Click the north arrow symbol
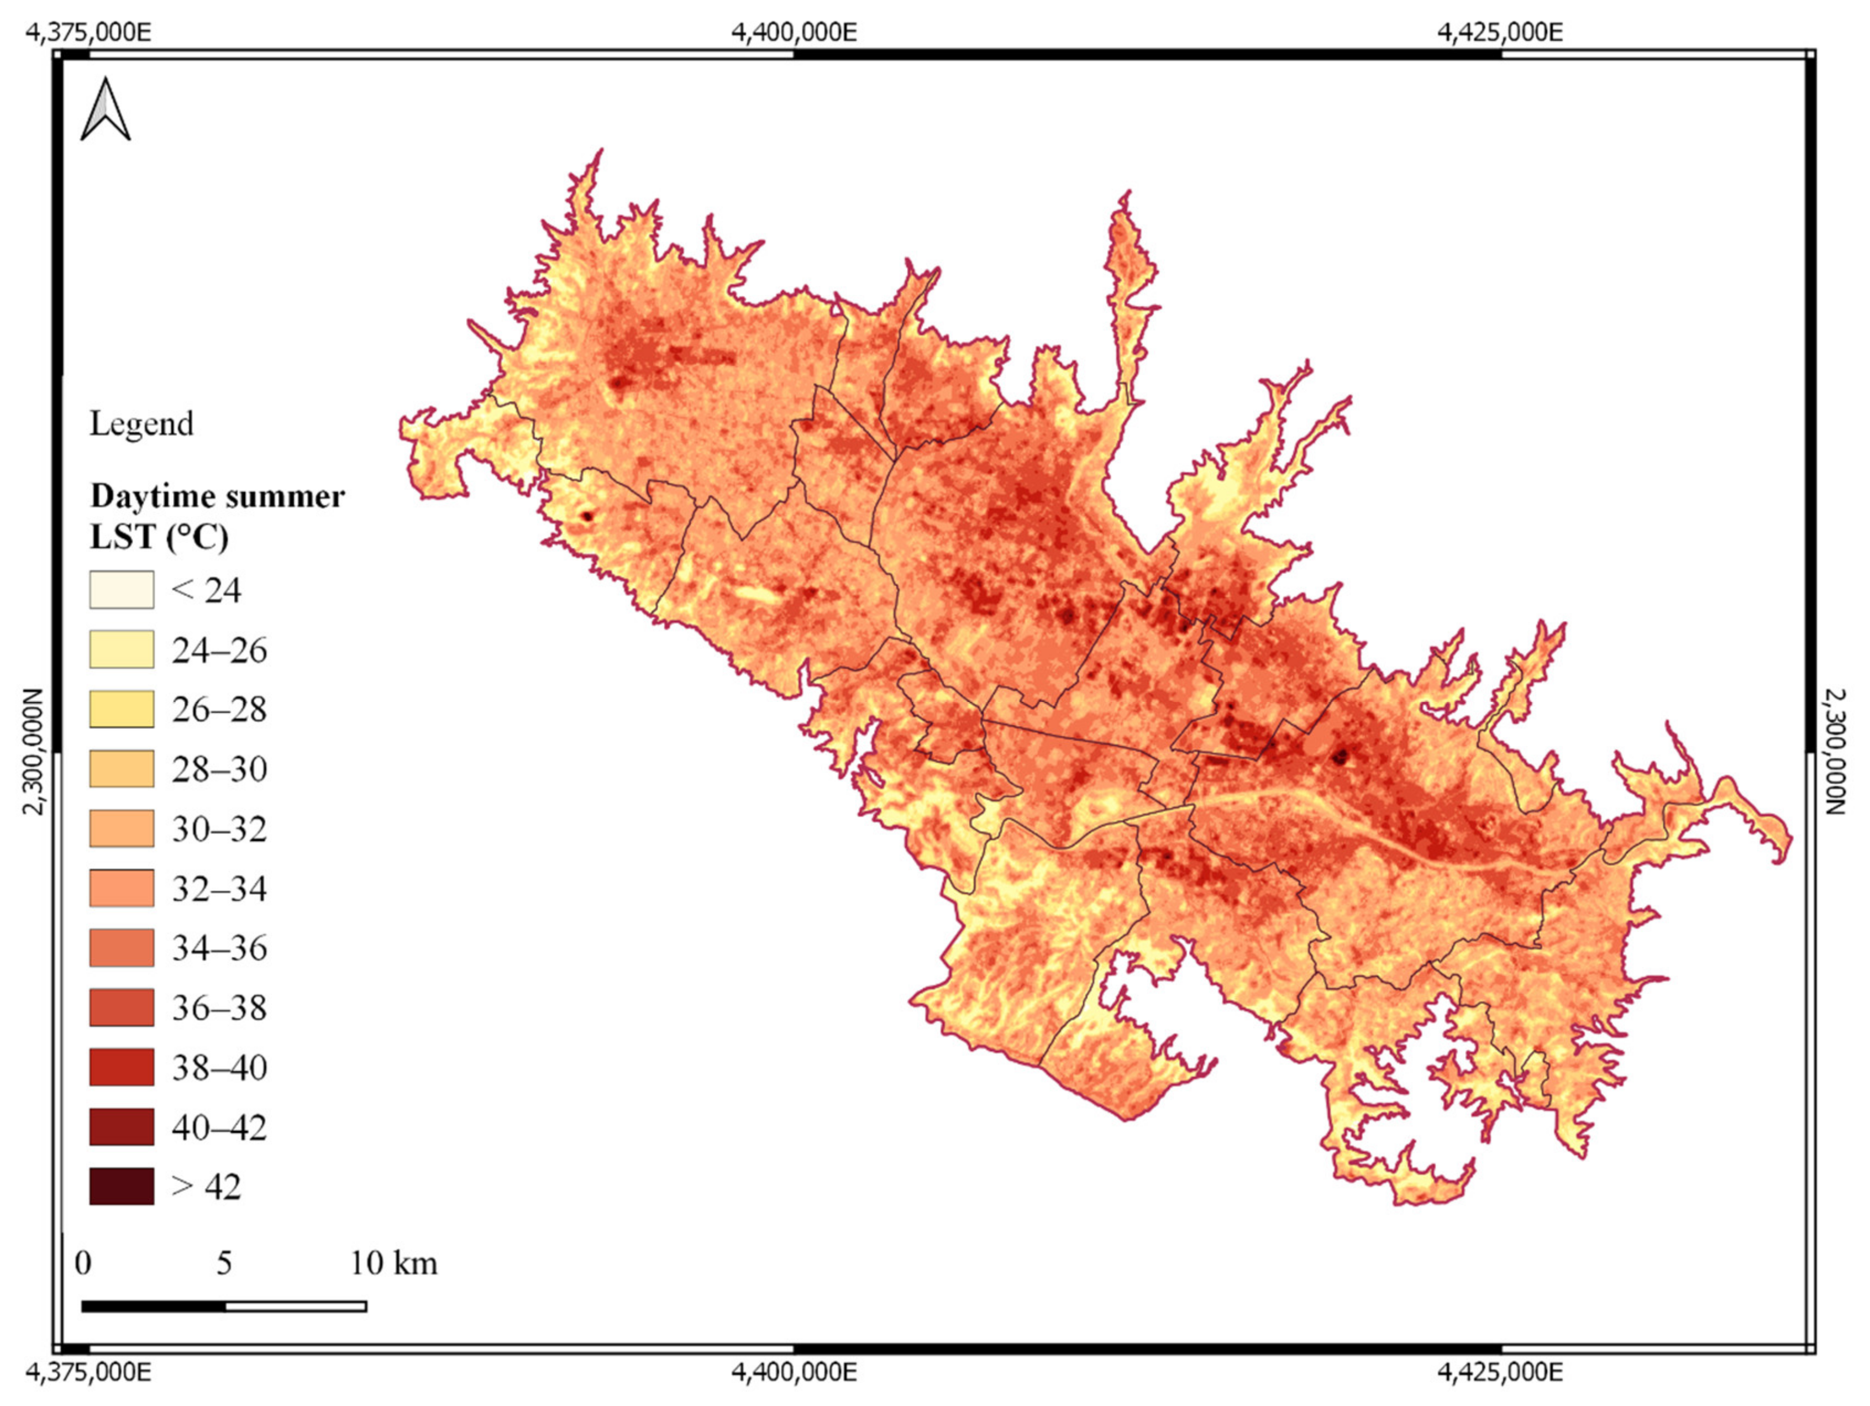[x=106, y=110]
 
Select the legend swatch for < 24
[x=122, y=589]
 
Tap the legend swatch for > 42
[x=122, y=1186]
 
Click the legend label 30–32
[x=219, y=828]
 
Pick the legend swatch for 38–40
[x=122, y=1067]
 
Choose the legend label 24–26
[x=219, y=650]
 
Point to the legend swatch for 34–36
[x=122, y=948]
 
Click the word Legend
[x=141, y=423]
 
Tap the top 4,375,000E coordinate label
[x=89, y=32]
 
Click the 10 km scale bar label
[x=394, y=1263]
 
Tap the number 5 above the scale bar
[x=224, y=1263]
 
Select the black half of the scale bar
[x=154, y=1306]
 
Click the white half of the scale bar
[x=296, y=1306]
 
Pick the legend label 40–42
[x=219, y=1127]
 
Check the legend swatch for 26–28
[x=122, y=709]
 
